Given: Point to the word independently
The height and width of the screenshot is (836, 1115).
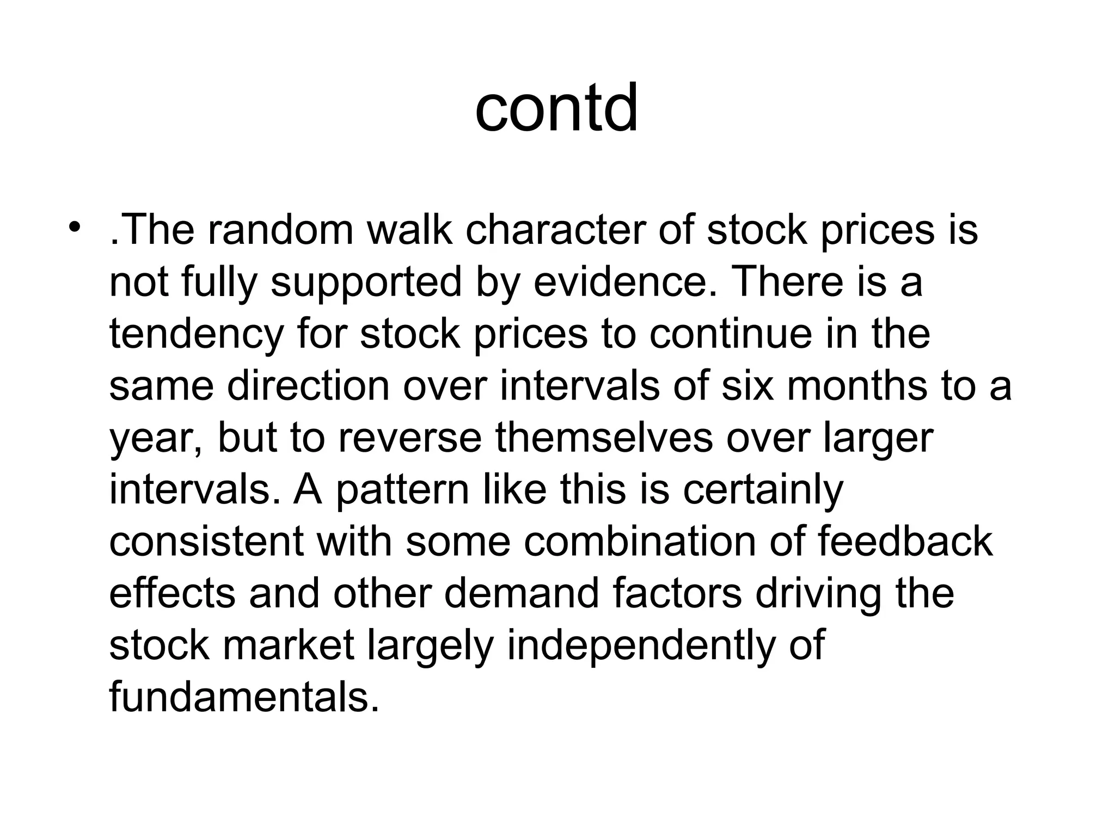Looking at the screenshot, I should [642, 645].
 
